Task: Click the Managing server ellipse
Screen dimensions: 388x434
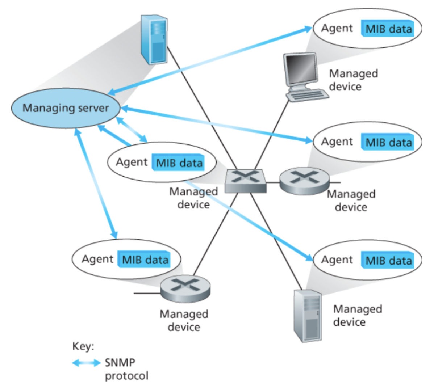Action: [x=65, y=108]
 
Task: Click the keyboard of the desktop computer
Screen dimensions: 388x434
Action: [x=307, y=95]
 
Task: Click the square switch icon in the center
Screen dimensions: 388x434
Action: [x=245, y=180]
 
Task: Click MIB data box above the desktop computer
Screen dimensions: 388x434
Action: [x=388, y=29]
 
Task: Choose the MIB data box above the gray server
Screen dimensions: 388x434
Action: [x=388, y=260]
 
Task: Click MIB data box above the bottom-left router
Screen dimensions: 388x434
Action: [x=145, y=260]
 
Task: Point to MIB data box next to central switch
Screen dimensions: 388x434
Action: [x=179, y=163]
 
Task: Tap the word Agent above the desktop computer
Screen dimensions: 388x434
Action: [x=337, y=28]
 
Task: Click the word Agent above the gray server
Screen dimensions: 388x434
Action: [x=337, y=260]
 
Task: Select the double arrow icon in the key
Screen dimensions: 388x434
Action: [x=86, y=363]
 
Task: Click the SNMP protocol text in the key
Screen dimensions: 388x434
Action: [x=126, y=369]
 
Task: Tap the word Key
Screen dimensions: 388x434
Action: [x=83, y=346]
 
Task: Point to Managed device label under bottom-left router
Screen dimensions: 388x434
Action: [x=184, y=320]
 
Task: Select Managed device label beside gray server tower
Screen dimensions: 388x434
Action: [x=357, y=315]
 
